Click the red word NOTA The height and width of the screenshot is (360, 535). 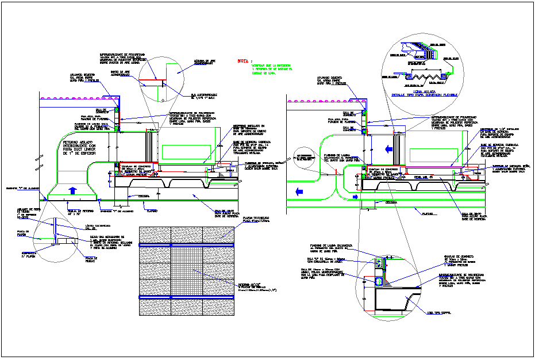tap(244, 60)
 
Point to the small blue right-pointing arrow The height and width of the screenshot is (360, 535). tap(355, 197)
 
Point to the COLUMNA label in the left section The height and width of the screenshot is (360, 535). tap(136, 196)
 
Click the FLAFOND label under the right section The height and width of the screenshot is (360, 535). tap(426, 213)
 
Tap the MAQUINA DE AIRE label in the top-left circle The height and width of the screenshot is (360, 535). tap(205, 63)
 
